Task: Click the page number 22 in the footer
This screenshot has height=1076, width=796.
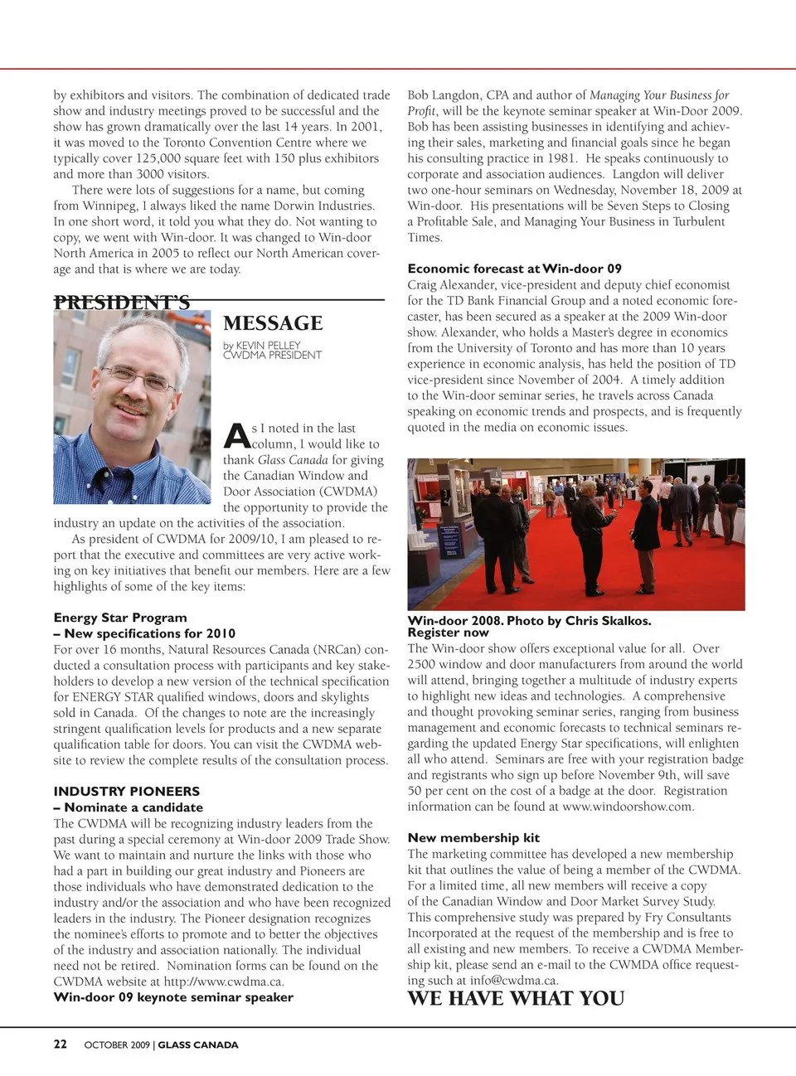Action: click(x=61, y=1044)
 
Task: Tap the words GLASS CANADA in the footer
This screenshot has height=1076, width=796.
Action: click(x=198, y=1045)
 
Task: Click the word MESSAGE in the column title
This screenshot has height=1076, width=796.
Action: click(x=273, y=323)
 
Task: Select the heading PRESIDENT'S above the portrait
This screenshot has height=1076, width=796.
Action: click(x=122, y=303)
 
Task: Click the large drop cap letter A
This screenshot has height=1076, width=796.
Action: click(x=236, y=436)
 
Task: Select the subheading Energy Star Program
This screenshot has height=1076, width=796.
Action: click(x=120, y=618)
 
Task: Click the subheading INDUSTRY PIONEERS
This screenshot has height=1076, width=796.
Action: click(x=127, y=792)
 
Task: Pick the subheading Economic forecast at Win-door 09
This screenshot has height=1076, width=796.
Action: click(x=514, y=269)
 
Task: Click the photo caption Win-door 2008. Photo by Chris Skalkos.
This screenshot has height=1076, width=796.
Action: click(x=529, y=621)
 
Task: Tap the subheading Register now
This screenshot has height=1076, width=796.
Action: click(x=448, y=633)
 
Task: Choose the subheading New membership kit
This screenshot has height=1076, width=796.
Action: click(x=473, y=838)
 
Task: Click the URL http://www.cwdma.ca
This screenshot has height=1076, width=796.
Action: click(x=223, y=981)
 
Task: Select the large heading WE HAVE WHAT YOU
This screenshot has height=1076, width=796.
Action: click(x=516, y=999)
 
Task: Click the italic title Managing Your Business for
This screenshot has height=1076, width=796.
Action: click(x=659, y=95)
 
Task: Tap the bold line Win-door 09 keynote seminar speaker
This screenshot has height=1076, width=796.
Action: click(x=173, y=997)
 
